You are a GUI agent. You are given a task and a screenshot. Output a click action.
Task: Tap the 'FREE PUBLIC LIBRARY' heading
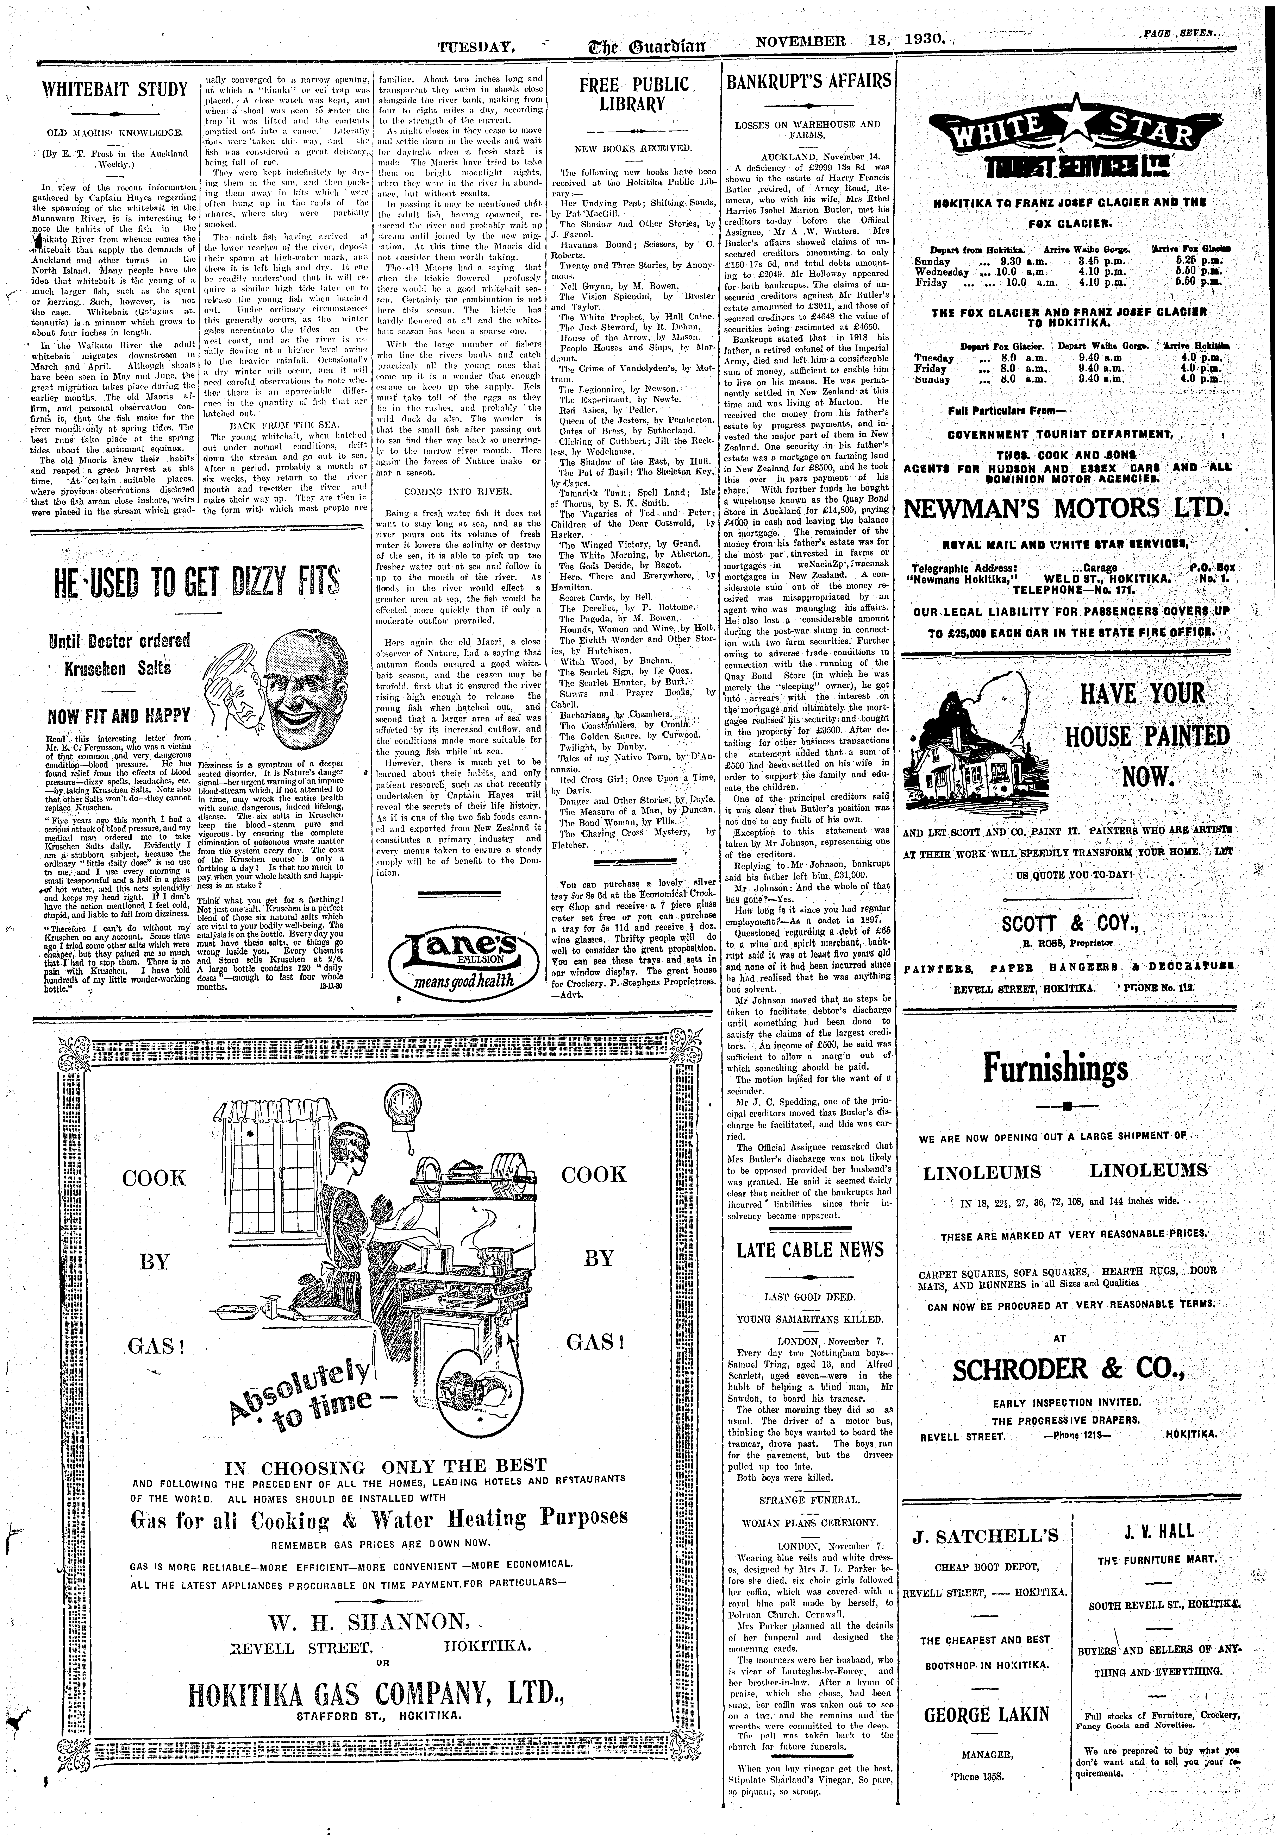634,94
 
